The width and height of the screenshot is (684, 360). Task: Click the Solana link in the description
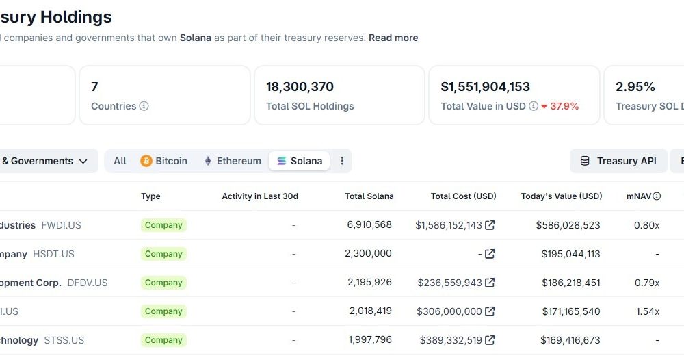click(195, 38)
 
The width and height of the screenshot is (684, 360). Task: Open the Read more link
click(393, 38)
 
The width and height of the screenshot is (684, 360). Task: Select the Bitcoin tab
click(164, 161)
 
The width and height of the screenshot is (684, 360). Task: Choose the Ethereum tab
click(233, 161)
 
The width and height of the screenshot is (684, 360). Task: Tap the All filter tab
click(120, 161)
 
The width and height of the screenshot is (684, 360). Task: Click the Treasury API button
click(618, 161)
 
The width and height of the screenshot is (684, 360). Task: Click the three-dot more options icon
click(342, 161)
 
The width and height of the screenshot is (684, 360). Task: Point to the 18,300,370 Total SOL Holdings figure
click(300, 87)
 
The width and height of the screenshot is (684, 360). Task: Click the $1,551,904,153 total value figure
click(485, 87)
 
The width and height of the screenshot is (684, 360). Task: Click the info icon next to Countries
click(144, 106)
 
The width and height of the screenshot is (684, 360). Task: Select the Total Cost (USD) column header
click(463, 196)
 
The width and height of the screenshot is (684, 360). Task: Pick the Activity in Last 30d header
click(260, 196)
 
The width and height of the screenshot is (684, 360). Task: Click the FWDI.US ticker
click(61, 225)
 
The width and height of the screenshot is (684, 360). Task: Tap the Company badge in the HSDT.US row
click(163, 254)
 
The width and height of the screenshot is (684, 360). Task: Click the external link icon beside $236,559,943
click(490, 283)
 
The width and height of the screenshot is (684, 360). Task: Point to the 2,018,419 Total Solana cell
click(370, 311)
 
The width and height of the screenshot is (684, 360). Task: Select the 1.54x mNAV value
click(647, 311)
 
